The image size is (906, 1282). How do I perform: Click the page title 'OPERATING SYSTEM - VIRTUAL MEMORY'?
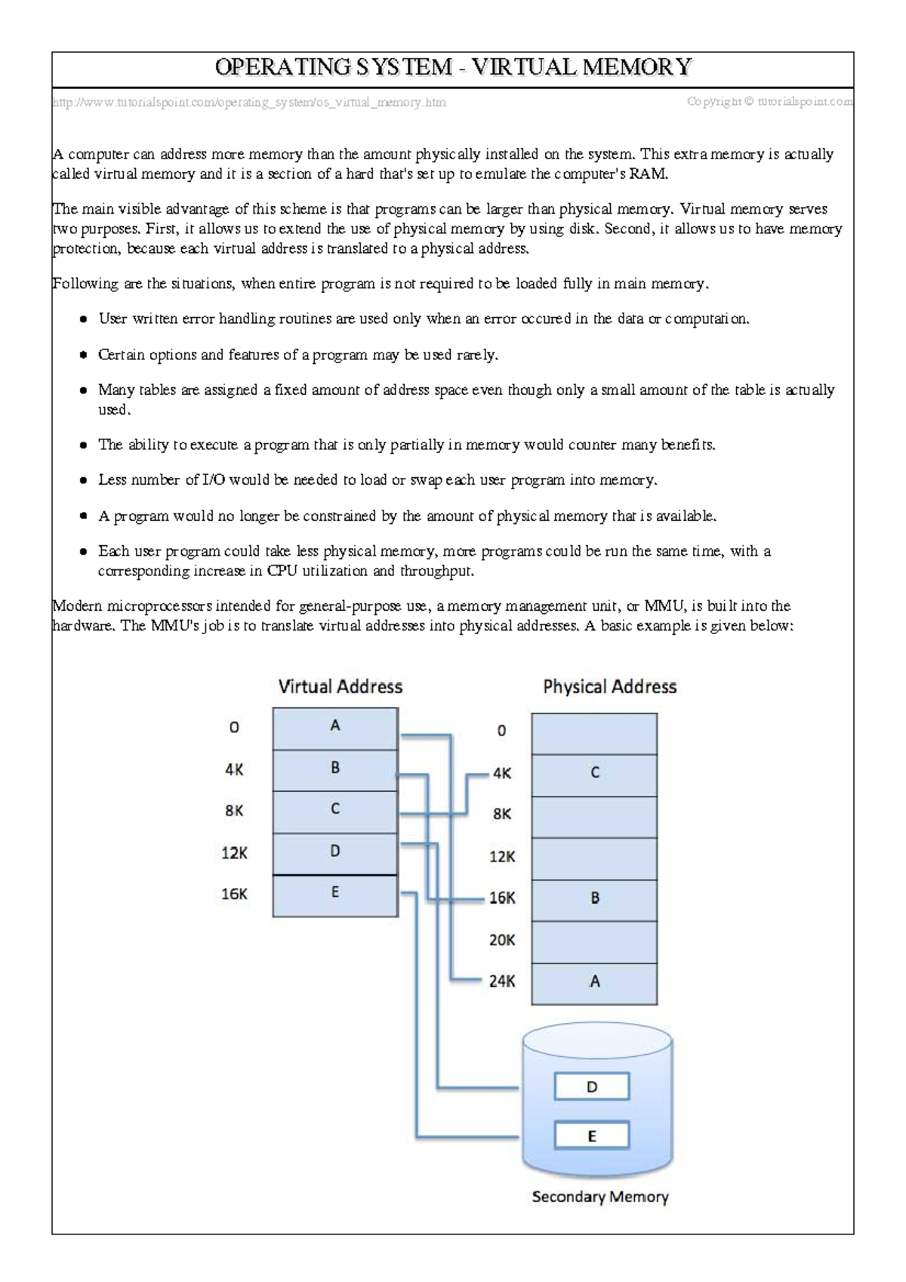[453, 68]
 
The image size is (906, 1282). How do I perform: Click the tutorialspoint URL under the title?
[249, 102]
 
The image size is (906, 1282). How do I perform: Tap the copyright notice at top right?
[770, 101]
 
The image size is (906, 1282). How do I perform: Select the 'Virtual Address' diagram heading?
[341, 686]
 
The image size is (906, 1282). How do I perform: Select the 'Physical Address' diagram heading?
[609, 686]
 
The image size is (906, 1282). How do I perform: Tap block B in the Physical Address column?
[594, 899]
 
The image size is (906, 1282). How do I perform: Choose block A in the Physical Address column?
[594, 983]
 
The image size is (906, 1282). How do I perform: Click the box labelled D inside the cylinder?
[592, 1087]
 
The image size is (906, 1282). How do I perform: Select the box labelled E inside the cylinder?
[592, 1136]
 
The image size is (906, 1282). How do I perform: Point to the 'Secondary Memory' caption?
[600, 1197]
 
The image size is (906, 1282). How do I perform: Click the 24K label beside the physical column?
[502, 982]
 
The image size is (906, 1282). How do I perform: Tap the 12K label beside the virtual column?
[234, 853]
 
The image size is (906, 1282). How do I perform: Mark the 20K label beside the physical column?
[502, 940]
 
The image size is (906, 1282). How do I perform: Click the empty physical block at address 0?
[594, 733]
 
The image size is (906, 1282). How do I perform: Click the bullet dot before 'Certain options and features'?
[83, 355]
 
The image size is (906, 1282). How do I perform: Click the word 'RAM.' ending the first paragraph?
[654, 174]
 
